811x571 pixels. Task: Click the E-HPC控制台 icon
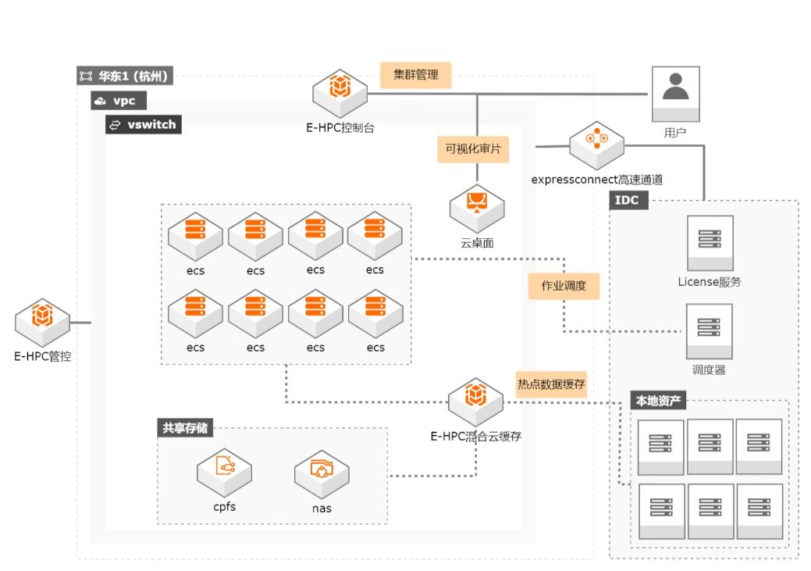tap(340, 93)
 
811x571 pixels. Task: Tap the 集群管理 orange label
tap(415, 75)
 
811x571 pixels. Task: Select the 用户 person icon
tap(676, 92)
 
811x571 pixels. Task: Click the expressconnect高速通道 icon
tap(596, 145)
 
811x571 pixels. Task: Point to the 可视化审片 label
tap(472, 148)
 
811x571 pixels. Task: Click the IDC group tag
tap(628, 200)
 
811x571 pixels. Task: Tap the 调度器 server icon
tap(709, 330)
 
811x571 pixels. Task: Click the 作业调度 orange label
tap(564, 286)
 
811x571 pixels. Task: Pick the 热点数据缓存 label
tap(551, 384)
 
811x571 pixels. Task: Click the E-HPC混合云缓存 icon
tap(475, 402)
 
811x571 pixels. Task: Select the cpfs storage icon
tap(224, 471)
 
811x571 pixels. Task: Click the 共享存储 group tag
tap(186, 427)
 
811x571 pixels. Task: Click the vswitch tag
tap(144, 124)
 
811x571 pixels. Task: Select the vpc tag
tap(119, 101)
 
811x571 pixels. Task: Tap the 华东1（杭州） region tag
tap(125, 77)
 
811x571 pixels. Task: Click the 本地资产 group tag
tap(658, 401)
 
